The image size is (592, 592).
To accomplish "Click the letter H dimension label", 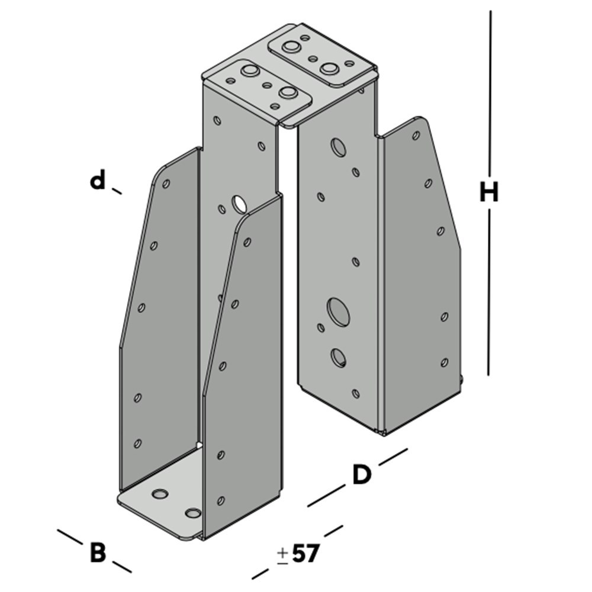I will (489, 192).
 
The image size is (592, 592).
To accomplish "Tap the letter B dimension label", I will (98, 554).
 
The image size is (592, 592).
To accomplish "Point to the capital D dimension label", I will (361, 475).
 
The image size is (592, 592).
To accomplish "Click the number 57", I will (305, 554).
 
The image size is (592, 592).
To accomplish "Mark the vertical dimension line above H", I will (490, 89).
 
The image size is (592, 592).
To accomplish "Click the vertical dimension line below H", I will (490, 296).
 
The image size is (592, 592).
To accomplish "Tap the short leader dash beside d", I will (117, 191).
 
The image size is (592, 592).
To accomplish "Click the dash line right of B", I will (121, 566).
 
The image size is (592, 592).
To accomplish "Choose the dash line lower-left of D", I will (326, 496).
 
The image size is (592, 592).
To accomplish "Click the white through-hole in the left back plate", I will (240, 203).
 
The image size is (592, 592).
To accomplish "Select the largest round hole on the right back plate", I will (338, 311).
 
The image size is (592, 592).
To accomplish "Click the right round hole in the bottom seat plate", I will (192, 512).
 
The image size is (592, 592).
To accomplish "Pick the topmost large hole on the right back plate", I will (339, 147).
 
